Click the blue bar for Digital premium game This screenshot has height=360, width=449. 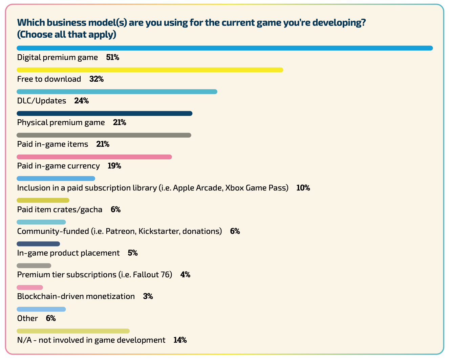[x=224, y=48]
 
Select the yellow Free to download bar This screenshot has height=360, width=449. [x=150, y=70]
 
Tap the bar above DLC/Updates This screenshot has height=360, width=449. [x=117, y=92]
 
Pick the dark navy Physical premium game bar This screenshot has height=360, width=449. [x=104, y=113]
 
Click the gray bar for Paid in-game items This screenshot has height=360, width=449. [x=104, y=135]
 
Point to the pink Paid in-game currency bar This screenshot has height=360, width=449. [x=94, y=157]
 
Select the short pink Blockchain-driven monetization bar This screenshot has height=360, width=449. [x=30, y=287]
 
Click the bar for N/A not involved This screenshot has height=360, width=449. [x=73, y=331]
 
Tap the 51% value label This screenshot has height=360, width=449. [x=112, y=58]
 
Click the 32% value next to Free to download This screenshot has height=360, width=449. [x=97, y=79]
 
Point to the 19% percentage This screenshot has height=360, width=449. [x=114, y=166]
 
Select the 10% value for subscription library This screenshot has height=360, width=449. [x=303, y=188]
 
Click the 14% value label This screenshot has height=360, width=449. [x=180, y=340]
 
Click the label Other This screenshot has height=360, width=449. [x=27, y=318]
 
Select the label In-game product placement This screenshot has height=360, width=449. [x=68, y=253]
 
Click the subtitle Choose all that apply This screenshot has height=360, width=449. [x=67, y=35]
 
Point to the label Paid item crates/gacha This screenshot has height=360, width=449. [x=60, y=209]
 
